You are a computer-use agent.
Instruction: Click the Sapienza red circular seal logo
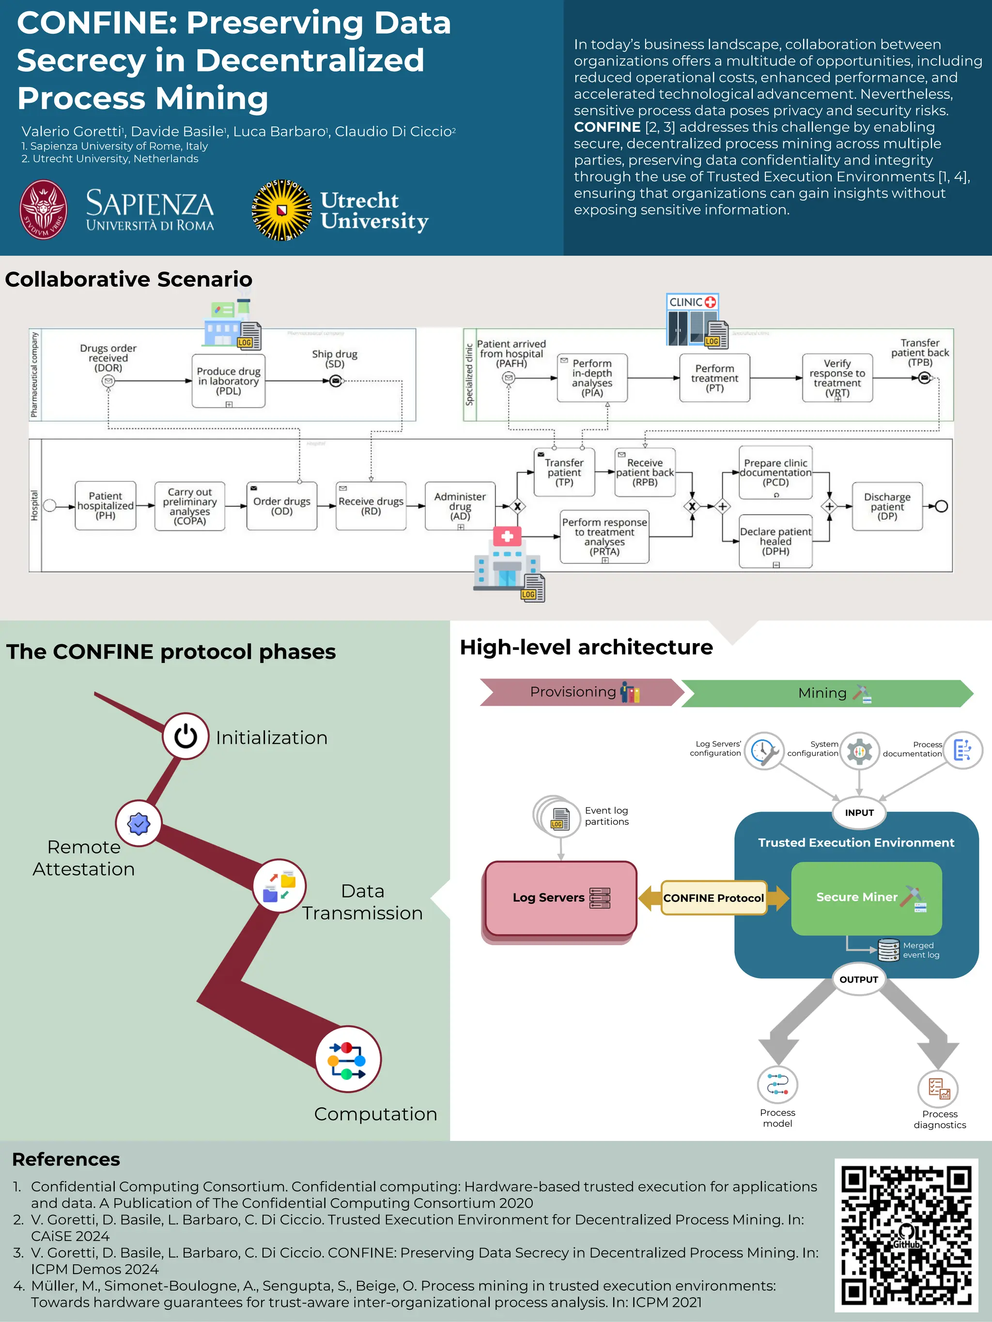tap(44, 210)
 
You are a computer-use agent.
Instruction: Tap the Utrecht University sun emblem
tap(281, 210)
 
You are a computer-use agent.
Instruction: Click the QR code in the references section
tap(906, 1235)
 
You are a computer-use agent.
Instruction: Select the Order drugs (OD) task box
tap(281, 506)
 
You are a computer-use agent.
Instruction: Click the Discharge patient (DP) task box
tap(887, 506)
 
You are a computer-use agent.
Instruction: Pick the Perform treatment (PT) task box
tap(714, 378)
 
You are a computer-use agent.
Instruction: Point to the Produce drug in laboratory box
tap(229, 381)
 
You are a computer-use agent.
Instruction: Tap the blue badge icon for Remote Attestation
tap(139, 824)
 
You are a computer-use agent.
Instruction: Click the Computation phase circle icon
tap(348, 1059)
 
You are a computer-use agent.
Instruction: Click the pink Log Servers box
tap(560, 898)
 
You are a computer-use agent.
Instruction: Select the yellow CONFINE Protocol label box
tap(713, 898)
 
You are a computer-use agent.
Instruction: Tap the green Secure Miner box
tap(866, 898)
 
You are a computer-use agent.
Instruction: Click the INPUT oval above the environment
tap(859, 813)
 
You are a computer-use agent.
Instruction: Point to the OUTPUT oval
tap(859, 980)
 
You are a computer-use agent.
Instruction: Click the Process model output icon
tap(777, 1084)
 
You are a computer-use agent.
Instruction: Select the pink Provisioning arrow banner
tap(580, 692)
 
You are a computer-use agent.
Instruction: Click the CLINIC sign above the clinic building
tap(692, 302)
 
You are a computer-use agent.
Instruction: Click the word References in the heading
tap(66, 1159)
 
